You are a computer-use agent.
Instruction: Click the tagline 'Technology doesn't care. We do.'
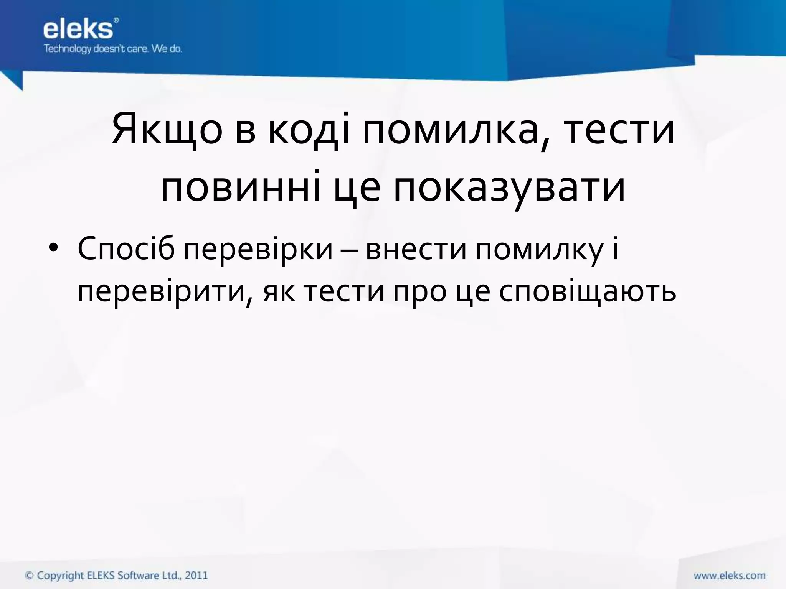(x=112, y=49)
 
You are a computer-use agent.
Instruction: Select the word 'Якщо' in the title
(x=167, y=130)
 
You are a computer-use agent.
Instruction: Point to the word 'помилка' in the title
(x=451, y=130)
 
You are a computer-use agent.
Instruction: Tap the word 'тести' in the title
(x=619, y=130)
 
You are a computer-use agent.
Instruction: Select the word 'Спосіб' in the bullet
(x=126, y=248)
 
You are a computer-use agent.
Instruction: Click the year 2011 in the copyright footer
(x=196, y=576)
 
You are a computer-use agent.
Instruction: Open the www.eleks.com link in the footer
(x=729, y=576)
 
